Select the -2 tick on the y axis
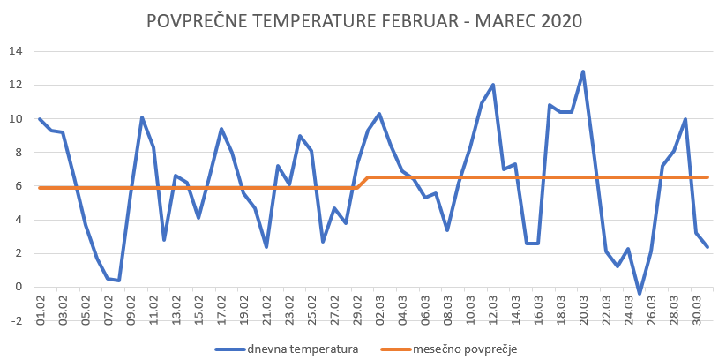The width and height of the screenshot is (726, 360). [x=14, y=320]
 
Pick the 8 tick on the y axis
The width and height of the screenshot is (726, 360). [x=17, y=152]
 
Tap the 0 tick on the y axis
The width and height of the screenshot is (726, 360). [x=17, y=287]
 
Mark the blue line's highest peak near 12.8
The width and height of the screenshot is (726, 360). [x=583, y=71]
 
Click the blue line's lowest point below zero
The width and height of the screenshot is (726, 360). [x=640, y=293]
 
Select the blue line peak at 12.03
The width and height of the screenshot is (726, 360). [x=493, y=85]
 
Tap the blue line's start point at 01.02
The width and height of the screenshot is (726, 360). [x=40, y=118]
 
